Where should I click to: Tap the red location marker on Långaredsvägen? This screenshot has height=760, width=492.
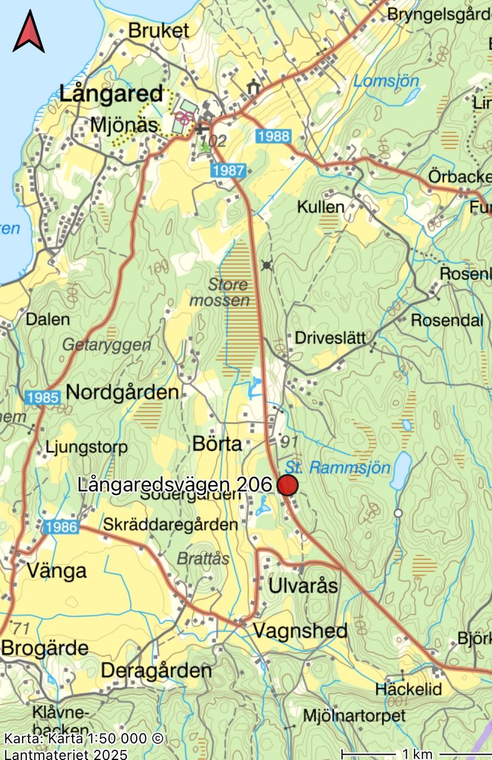coord(287,485)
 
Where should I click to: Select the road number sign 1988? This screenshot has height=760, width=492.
coord(273,136)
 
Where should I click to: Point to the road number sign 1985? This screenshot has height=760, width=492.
coord(42,398)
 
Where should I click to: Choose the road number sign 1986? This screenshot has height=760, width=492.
coord(60,526)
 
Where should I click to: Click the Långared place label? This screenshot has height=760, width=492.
coord(110,94)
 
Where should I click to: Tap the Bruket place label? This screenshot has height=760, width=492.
coord(159,31)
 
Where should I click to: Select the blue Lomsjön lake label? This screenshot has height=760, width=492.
coord(386,81)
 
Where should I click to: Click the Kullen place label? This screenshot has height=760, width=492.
coord(321,207)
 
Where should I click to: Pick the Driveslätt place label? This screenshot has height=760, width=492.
coord(330,338)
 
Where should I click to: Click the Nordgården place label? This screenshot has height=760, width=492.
coord(122,392)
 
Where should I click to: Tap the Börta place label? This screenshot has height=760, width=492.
coord(217,443)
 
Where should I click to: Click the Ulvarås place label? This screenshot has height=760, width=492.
coord(303,585)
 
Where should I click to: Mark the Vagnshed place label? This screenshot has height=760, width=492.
coord(300,630)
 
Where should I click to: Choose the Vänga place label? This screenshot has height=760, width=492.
coord(57,571)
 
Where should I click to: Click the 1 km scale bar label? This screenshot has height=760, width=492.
coord(417,753)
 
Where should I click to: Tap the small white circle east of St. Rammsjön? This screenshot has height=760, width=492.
coord(398,513)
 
